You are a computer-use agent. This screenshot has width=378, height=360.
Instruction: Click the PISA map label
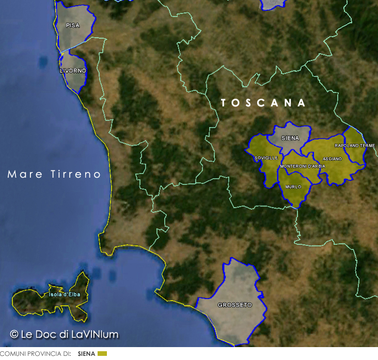(72, 25)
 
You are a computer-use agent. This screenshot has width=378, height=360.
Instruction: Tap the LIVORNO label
(73, 70)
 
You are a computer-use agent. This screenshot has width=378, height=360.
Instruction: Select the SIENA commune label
(290, 138)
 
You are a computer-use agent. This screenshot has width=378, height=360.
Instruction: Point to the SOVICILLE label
(266, 158)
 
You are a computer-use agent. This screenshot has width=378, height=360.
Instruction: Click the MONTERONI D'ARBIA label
(303, 166)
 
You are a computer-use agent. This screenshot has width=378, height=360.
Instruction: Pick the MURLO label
(293, 187)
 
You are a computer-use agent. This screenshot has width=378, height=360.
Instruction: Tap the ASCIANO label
(332, 159)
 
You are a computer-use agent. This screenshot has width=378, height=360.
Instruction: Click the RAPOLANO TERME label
(355, 146)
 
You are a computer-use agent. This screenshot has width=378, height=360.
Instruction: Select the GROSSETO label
(234, 305)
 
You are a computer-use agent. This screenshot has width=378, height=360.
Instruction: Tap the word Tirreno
(75, 175)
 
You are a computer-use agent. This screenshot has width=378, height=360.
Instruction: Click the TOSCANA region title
(263, 103)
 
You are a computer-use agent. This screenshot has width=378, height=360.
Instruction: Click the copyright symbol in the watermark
(14, 334)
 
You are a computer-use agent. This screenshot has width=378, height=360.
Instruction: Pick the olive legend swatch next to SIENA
(102, 354)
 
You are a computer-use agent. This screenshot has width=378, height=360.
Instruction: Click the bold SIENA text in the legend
(87, 354)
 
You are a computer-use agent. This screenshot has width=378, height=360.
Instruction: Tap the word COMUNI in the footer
(11, 354)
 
